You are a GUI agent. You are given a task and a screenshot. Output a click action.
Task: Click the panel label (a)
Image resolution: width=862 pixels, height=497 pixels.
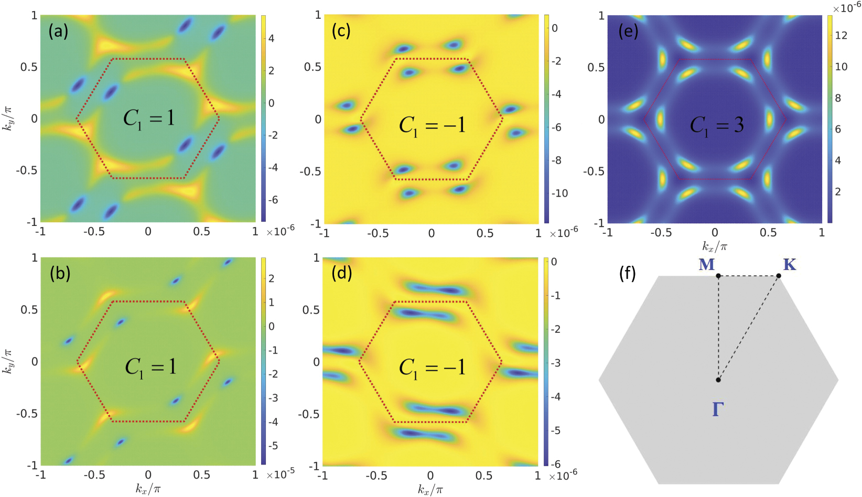(x=58, y=32)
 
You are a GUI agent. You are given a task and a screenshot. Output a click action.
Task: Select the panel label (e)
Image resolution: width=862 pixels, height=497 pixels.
(x=628, y=32)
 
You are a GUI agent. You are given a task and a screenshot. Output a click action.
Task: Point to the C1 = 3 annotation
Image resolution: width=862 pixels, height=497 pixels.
(x=716, y=125)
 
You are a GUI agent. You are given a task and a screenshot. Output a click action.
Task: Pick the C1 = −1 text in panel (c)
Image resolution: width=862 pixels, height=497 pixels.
(x=432, y=125)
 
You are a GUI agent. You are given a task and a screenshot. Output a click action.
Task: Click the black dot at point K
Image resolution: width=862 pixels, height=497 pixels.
(x=779, y=276)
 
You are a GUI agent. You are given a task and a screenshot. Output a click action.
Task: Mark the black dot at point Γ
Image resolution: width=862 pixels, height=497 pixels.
(x=718, y=380)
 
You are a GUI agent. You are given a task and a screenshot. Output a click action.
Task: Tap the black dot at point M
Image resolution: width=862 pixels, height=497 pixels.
(x=718, y=276)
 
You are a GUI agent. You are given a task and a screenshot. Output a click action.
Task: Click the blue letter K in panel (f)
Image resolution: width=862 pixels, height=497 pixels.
(x=789, y=265)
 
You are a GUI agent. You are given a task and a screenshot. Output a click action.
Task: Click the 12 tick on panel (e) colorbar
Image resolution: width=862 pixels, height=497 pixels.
(x=841, y=36)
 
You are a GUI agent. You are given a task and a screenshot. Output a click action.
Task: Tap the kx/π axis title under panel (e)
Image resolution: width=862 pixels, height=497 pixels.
(x=715, y=246)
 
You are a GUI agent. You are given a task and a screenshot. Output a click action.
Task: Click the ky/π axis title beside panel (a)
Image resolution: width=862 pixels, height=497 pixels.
(x=8, y=118)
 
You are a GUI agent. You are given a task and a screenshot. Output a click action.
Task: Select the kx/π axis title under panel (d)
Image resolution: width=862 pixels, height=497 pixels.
(x=430, y=490)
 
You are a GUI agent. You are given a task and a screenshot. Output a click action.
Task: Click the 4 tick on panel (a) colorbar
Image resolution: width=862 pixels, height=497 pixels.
(x=271, y=39)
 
